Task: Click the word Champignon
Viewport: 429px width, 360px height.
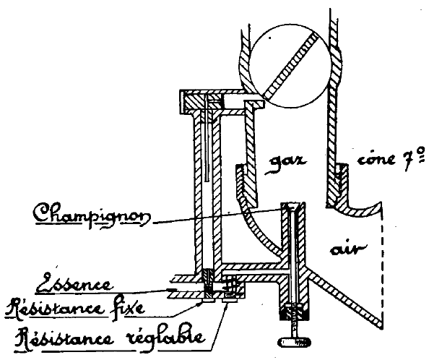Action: point(92,214)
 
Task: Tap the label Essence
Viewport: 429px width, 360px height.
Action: point(74,283)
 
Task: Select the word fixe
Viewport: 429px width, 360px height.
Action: point(129,307)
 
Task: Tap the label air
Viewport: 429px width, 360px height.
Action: point(347,249)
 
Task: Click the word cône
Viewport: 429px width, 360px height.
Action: point(377,159)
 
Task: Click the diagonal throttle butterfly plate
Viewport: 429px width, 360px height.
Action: point(290,66)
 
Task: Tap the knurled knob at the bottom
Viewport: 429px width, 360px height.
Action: point(295,342)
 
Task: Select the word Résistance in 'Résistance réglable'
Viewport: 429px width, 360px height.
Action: point(65,338)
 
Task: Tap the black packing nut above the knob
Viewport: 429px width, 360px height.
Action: point(295,312)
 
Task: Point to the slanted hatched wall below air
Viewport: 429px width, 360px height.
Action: point(344,296)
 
